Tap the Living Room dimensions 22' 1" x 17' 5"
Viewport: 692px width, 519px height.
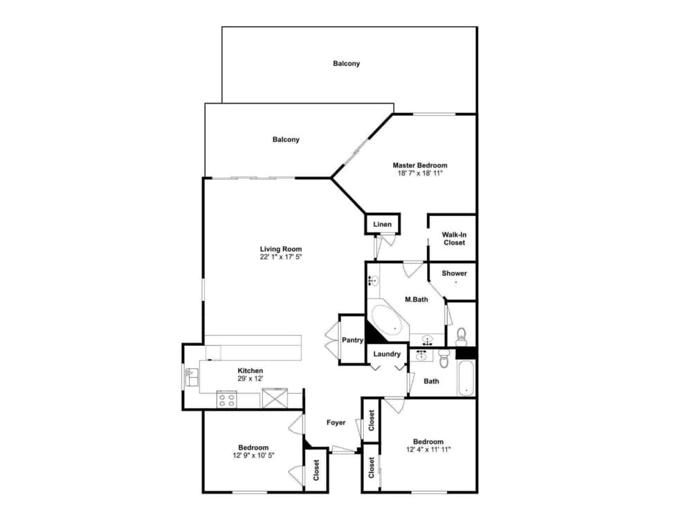point(280,257)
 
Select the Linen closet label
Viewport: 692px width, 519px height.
point(383,224)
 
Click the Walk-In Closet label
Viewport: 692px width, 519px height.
point(454,239)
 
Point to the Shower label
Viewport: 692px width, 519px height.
point(454,273)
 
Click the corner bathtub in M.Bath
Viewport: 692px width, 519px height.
point(388,320)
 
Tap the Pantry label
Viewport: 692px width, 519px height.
point(353,340)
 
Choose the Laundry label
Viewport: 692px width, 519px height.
point(387,354)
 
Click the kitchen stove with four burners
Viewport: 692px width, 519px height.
point(227,399)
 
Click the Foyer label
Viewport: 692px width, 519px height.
point(336,423)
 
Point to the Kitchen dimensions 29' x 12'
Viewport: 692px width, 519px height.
point(251,379)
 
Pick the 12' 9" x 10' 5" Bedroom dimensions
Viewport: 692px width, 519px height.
point(253,455)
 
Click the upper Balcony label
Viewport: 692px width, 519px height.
point(346,64)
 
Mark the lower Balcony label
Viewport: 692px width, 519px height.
point(286,140)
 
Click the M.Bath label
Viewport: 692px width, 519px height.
point(417,300)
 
